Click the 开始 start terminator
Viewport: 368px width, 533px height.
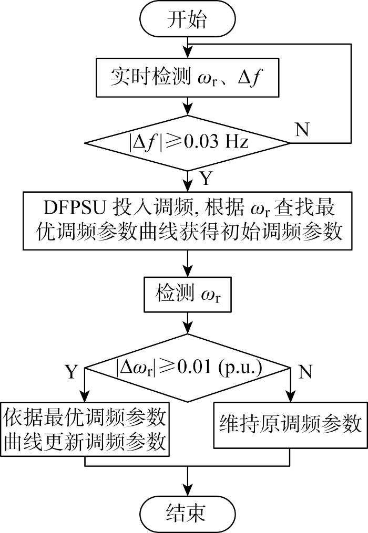pos(187,19)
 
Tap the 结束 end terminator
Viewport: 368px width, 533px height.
pos(187,513)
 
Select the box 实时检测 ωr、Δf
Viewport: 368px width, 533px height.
pos(187,78)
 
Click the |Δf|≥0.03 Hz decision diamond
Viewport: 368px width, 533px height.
pos(187,142)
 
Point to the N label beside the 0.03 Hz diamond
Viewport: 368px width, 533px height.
pos(302,129)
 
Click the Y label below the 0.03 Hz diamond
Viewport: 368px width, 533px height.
pos(206,178)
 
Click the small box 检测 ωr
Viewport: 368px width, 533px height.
pos(188,295)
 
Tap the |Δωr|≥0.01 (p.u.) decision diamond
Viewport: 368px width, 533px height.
pos(188,368)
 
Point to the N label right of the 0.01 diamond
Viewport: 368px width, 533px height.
pos(305,372)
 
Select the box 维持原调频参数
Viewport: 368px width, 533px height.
pos(290,425)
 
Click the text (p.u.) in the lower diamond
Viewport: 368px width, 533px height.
pos(240,367)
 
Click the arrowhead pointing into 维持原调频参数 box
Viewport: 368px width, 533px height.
pos(290,397)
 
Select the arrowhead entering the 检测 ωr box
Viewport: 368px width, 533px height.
pos(188,271)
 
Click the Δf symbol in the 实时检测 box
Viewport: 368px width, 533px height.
pos(251,77)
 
